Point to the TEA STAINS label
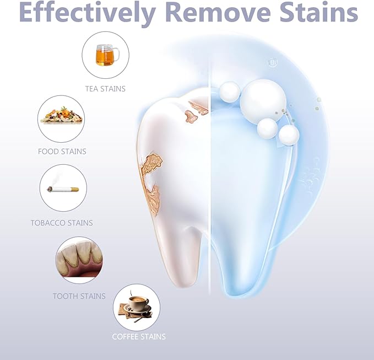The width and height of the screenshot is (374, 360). pyautogui.click(x=105, y=88)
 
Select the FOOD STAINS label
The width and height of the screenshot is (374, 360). pyautogui.click(x=62, y=151)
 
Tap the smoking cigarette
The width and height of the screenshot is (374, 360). pyautogui.click(x=63, y=189)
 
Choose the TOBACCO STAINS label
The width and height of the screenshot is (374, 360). pyautogui.click(x=62, y=223)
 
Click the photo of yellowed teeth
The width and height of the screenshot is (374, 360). pyautogui.click(x=79, y=259)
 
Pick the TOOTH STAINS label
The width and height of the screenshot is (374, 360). pyautogui.click(x=79, y=296)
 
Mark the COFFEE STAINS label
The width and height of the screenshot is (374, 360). pyautogui.click(x=139, y=336)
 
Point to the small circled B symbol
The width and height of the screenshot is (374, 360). pyautogui.click(x=272, y=63)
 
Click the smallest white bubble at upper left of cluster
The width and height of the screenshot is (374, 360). pyautogui.click(x=229, y=91)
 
